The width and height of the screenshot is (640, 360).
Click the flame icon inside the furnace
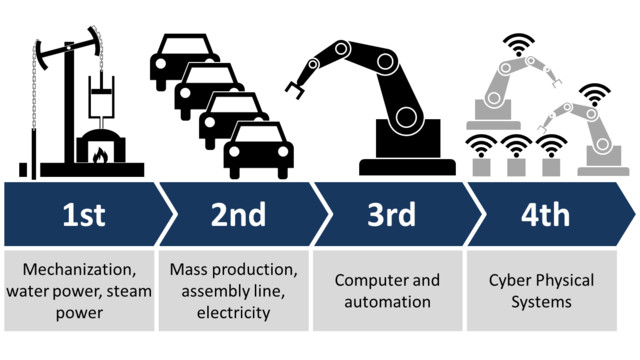[100, 154]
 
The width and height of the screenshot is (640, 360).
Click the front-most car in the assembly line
[258, 150]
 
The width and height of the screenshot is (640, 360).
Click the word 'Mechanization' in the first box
[79, 270]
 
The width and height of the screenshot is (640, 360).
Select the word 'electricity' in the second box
[234, 313]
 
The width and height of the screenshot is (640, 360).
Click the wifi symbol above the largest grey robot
[519, 44]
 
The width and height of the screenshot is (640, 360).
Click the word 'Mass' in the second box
[189, 270]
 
